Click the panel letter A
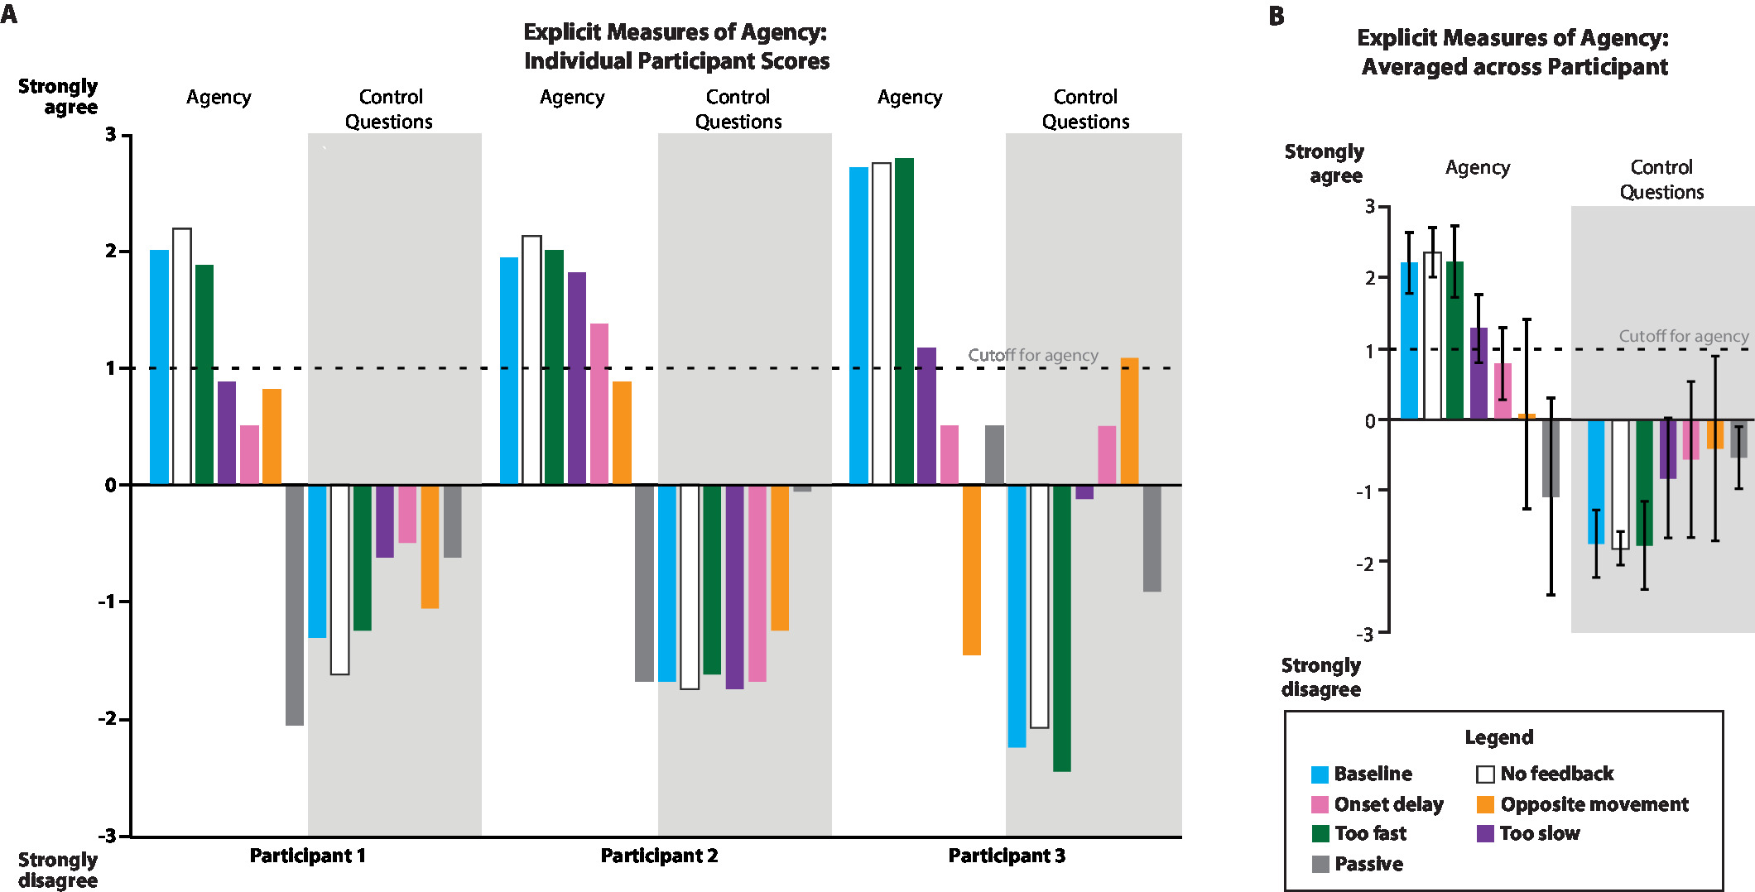tap(9, 14)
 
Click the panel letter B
tap(1277, 16)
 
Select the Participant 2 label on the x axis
tap(659, 856)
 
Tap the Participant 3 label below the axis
tap(1007, 856)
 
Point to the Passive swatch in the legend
tap(1320, 865)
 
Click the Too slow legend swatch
tap(1485, 833)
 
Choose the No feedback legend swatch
tap(1485, 775)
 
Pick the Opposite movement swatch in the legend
tap(1485, 804)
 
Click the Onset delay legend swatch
tap(1320, 804)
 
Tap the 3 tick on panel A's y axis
tap(111, 135)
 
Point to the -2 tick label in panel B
tap(1364, 563)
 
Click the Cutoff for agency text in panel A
tap(1033, 355)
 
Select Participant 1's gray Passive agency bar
tap(295, 605)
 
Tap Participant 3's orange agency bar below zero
tap(972, 570)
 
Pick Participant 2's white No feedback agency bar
tap(531, 360)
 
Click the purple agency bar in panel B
tap(1479, 374)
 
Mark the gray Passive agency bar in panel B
tap(1551, 458)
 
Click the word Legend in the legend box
tap(1498, 737)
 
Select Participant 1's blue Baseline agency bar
tap(159, 367)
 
